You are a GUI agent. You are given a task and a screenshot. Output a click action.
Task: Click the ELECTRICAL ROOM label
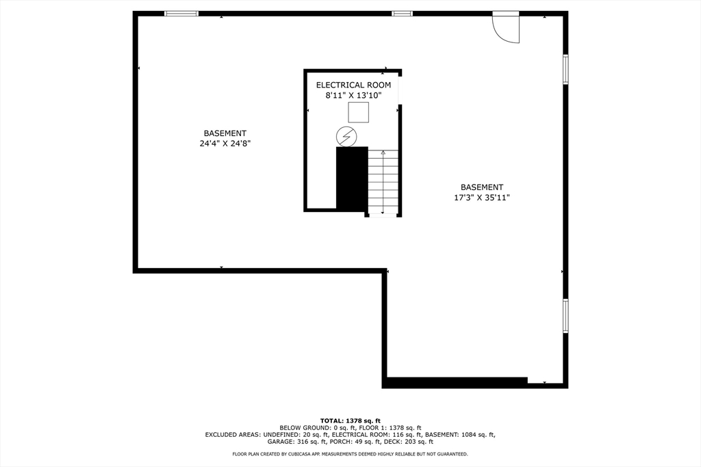tap(353, 85)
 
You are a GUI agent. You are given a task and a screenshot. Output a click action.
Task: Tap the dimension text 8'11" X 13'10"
tap(353, 96)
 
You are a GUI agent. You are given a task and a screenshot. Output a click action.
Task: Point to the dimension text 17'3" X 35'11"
tap(481, 198)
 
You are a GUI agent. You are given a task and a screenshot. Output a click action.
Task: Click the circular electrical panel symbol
tap(346, 137)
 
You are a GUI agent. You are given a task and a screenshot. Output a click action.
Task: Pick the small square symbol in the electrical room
tap(358, 112)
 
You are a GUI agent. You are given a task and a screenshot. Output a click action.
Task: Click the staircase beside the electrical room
tap(383, 181)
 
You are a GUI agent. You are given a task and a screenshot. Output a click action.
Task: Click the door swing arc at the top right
tap(508, 29)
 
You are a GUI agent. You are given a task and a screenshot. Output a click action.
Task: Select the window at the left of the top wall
tap(181, 14)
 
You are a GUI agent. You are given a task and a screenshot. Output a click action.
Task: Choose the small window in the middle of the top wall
tap(402, 14)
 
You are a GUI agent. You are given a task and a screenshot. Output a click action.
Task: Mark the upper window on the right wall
tap(565, 69)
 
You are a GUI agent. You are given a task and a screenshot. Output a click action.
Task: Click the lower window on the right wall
tap(565, 315)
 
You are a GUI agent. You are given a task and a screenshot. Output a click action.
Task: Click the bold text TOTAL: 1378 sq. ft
tap(350, 421)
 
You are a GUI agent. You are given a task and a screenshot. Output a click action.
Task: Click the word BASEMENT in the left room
tap(225, 133)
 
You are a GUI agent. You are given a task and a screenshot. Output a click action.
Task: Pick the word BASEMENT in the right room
tap(481, 187)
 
